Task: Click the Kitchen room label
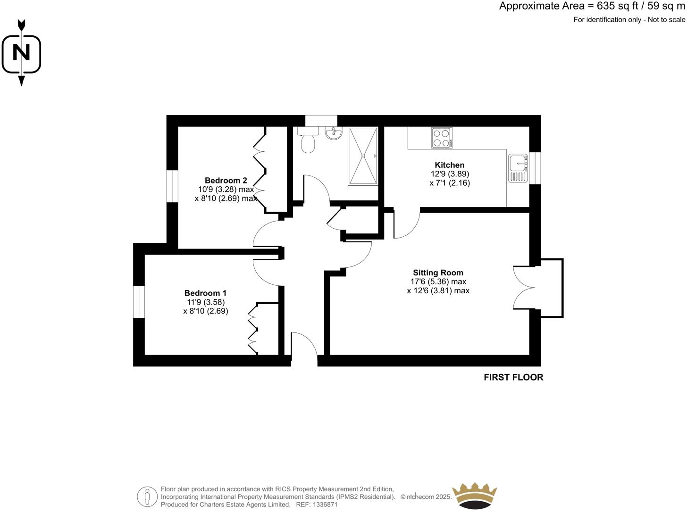pyautogui.click(x=449, y=165)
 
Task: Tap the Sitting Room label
pyautogui.click(x=438, y=273)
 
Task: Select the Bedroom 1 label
pyautogui.click(x=205, y=293)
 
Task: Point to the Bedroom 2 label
pyautogui.click(x=226, y=180)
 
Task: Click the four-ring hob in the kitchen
pyautogui.click(x=442, y=138)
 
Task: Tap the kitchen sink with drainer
pyautogui.click(x=518, y=168)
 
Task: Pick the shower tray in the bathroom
pyautogui.click(x=363, y=156)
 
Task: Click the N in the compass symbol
pyautogui.click(x=21, y=52)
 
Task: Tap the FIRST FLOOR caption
pyautogui.click(x=513, y=377)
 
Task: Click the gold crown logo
pyautogui.click(x=474, y=496)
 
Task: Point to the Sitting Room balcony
pyautogui.click(x=552, y=288)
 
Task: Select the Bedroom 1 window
pyautogui.click(x=139, y=302)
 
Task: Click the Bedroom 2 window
pyautogui.click(x=172, y=186)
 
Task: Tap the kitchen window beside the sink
pyautogui.click(x=535, y=168)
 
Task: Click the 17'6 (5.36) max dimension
pyautogui.click(x=438, y=281)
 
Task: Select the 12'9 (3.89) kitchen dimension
pyautogui.click(x=449, y=174)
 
